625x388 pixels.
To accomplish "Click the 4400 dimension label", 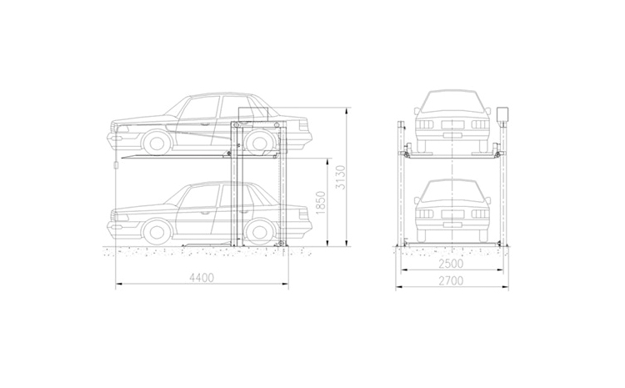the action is pyautogui.click(x=202, y=277).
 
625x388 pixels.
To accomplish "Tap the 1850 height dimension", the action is pyautogui.click(x=321, y=203).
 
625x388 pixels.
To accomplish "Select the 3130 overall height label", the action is pyautogui.click(x=339, y=177).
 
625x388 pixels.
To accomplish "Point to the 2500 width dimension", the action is pyautogui.click(x=451, y=264).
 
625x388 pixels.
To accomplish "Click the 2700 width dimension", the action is pyautogui.click(x=451, y=280).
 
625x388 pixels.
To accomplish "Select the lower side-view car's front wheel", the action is pyautogui.click(x=157, y=231).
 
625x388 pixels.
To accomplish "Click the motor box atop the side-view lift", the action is pyautogui.click(x=253, y=113).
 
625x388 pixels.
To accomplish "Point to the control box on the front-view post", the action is pyautogui.click(x=502, y=114).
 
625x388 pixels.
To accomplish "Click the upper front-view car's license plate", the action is pyautogui.click(x=452, y=135).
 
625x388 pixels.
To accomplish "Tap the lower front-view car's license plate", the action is pyautogui.click(x=452, y=224).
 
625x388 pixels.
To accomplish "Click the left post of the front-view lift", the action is pyautogui.click(x=400, y=184).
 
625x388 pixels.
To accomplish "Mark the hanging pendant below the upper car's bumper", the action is pyautogui.click(x=116, y=165).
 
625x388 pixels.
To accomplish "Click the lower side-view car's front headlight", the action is pyautogui.click(x=122, y=218).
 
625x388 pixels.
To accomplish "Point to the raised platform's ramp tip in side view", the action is pyautogui.click(x=122, y=158).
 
